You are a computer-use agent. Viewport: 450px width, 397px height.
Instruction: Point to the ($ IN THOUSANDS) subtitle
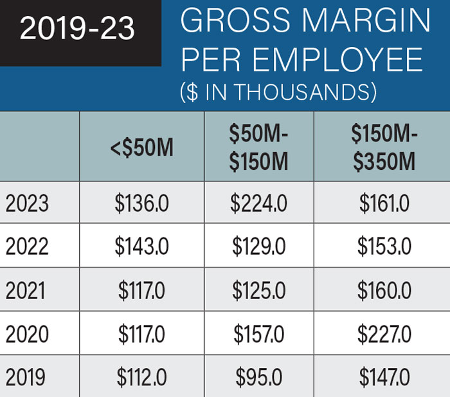278,91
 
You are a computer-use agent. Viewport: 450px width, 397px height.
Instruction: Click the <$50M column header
141,148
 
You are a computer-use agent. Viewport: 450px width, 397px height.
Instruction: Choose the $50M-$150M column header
259,147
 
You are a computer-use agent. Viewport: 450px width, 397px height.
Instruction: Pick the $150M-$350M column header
383,147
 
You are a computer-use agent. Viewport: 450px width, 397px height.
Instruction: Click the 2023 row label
27,204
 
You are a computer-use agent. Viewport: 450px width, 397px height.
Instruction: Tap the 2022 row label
27,247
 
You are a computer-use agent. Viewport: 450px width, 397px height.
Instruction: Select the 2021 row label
26,291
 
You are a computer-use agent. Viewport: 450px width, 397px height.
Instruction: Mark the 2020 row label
27,335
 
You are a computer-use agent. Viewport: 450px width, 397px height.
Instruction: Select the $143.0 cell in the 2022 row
141,247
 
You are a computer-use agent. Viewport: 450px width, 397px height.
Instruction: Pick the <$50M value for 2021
141,291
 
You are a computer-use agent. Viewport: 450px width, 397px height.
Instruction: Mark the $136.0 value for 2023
141,204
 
